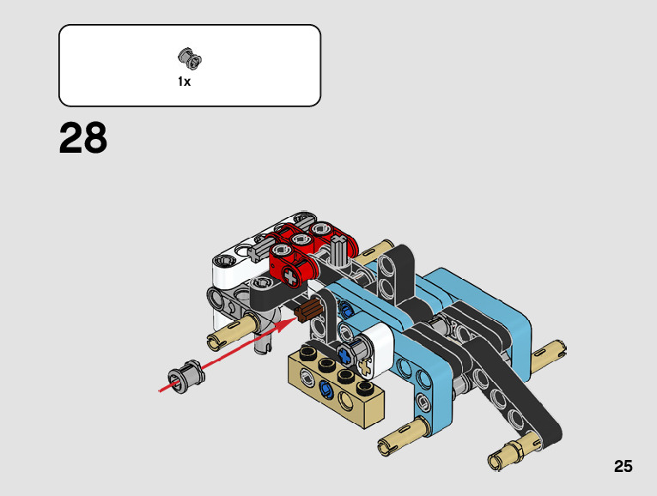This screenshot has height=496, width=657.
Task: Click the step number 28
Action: pyautogui.click(x=83, y=137)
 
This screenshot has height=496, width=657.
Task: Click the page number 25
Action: pyautogui.click(x=623, y=466)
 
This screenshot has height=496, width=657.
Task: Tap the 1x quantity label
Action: pyautogui.click(x=184, y=82)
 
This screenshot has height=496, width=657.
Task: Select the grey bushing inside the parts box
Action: pyautogui.click(x=190, y=58)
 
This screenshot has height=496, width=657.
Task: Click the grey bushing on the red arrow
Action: pyautogui.click(x=187, y=376)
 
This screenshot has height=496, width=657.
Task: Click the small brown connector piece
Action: pyautogui.click(x=308, y=311)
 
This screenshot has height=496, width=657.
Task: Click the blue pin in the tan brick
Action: pyautogui.click(x=325, y=390)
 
